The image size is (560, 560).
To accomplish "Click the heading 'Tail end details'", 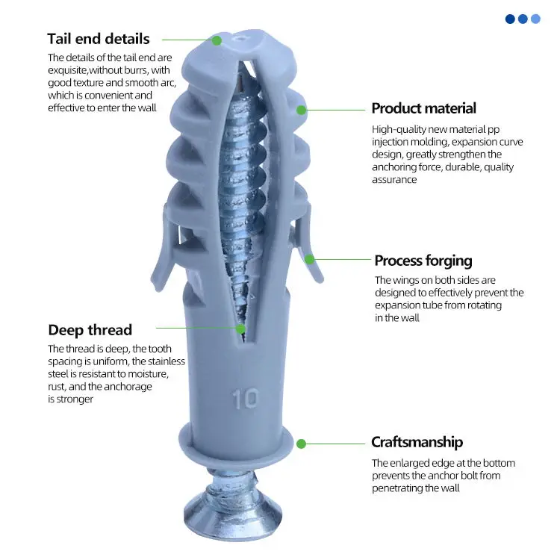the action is [98, 39].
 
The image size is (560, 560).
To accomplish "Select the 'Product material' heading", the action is [423, 108].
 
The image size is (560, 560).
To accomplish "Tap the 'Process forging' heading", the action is [423, 261].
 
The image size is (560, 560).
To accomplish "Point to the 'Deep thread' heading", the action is [90, 329].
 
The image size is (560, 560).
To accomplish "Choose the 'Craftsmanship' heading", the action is [417, 442].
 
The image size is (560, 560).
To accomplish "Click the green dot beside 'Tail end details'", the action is [217, 40].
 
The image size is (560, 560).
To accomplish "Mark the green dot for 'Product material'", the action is [302, 110].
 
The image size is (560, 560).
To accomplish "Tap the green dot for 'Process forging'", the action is [309, 259].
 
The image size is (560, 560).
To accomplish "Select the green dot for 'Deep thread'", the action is [240, 328].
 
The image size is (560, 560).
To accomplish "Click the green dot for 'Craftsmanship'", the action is [301, 444].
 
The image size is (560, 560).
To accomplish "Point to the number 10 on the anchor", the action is [245, 398].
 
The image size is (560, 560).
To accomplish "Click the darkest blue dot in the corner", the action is [510, 19].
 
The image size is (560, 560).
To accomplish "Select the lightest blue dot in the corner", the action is [535, 19].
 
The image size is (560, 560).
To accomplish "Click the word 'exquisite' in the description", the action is [69, 70].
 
